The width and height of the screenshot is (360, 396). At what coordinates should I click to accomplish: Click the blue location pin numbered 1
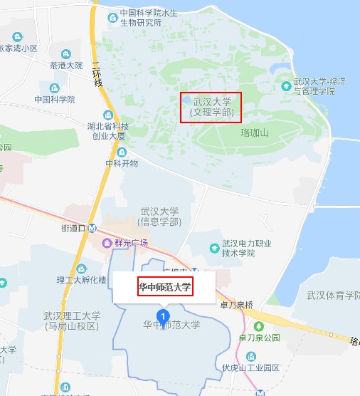[x=164, y=316]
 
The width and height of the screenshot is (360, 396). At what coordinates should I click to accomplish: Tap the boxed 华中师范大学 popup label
[x=165, y=288]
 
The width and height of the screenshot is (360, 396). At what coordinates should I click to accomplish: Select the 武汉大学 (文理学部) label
[x=211, y=108]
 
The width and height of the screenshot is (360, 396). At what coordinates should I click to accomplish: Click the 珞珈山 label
[x=255, y=132]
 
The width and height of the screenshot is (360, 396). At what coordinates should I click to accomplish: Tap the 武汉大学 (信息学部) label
[x=159, y=217]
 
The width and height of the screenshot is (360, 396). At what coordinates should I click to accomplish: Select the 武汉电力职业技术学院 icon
[x=214, y=247]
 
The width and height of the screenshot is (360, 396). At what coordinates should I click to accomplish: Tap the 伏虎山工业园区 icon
[x=250, y=355]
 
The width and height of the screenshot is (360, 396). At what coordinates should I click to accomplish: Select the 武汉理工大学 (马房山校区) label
[x=71, y=321]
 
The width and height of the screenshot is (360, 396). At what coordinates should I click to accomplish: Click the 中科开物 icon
[x=122, y=152]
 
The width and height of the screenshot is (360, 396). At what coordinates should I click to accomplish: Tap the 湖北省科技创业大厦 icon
[x=107, y=116]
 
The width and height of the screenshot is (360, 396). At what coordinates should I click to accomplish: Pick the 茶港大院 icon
[x=66, y=54]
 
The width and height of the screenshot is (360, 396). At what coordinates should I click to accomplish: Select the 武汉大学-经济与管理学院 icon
[x=286, y=86]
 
